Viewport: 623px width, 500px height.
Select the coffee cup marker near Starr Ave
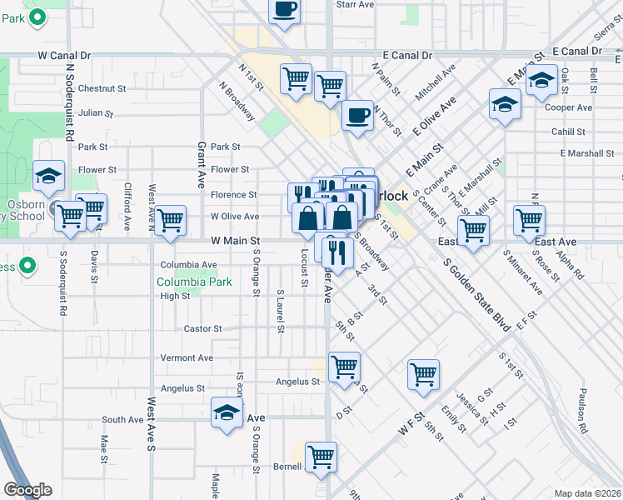click(x=284, y=9)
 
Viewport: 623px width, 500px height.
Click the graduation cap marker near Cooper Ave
click(x=504, y=106)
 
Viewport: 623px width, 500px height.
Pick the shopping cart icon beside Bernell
click(x=321, y=457)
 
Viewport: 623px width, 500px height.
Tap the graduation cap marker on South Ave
click(x=227, y=414)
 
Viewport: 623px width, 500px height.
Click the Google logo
click(x=27, y=490)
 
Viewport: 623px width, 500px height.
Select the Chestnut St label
click(x=102, y=87)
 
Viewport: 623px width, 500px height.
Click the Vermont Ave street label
click(x=187, y=357)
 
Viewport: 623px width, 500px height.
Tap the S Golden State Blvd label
click(x=476, y=295)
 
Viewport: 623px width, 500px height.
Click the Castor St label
click(x=202, y=328)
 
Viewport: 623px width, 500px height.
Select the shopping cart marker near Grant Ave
click(x=170, y=221)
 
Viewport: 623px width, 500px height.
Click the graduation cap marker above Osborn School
click(x=49, y=177)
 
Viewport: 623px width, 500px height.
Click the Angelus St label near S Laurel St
click(x=297, y=382)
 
